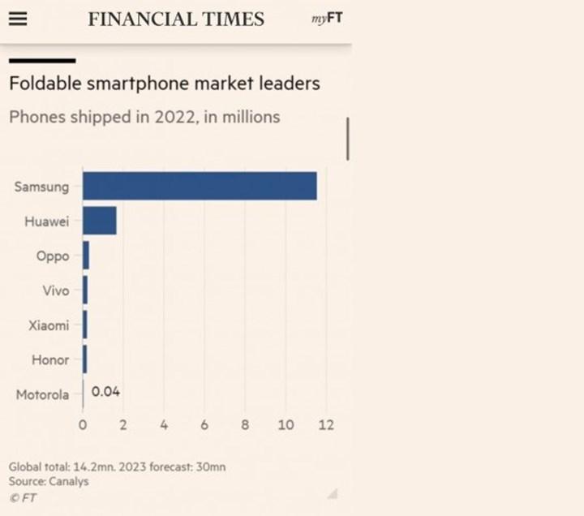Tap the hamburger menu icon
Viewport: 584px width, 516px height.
point(17,19)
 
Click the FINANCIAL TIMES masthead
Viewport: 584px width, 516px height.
point(176,19)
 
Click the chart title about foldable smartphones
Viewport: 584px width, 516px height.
point(164,83)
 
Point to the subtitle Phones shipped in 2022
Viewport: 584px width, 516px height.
point(144,117)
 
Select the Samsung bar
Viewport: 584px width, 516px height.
point(200,186)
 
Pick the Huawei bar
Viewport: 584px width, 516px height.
point(100,221)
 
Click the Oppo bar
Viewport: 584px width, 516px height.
point(86,256)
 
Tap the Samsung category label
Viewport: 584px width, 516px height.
point(42,187)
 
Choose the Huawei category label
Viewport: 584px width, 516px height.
point(47,221)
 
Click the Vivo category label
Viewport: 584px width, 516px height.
point(55,290)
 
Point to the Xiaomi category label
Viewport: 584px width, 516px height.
point(49,325)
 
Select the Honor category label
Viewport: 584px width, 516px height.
point(50,359)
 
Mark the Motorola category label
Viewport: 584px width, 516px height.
point(42,395)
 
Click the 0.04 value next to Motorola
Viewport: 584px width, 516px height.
point(105,392)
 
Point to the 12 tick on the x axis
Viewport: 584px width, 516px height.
point(325,425)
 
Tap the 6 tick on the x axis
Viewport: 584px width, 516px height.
point(204,425)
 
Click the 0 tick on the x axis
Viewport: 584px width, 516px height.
point(83,425)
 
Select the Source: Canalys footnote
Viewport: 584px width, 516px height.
point(49,481)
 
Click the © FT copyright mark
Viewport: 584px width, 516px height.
point(24,497)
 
